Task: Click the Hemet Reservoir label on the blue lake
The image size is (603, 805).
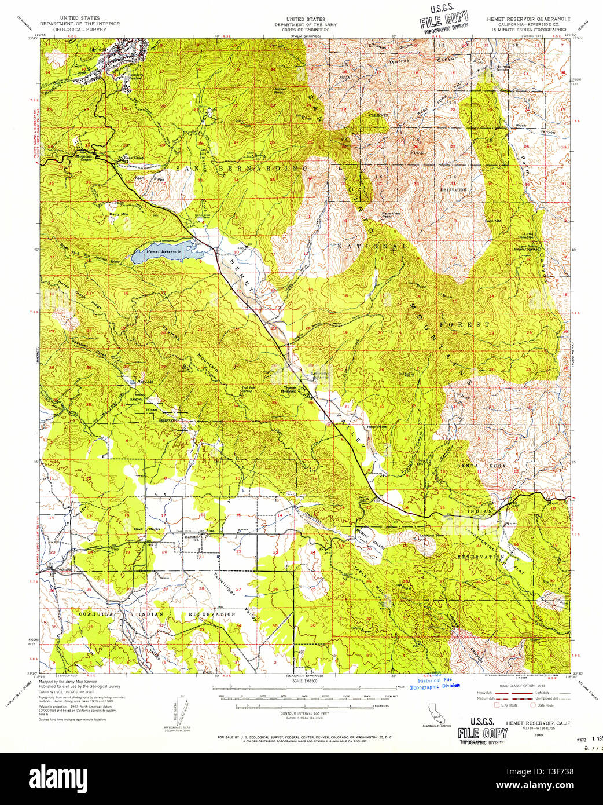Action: [x=163, y=252]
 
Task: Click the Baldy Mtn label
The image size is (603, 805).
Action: [x=118, y=214]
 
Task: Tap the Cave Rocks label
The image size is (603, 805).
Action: [x=146, y=529]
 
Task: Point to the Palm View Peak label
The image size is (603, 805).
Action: [x=390, y=215]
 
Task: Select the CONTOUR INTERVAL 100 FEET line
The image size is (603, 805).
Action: [x=304, y=713]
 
